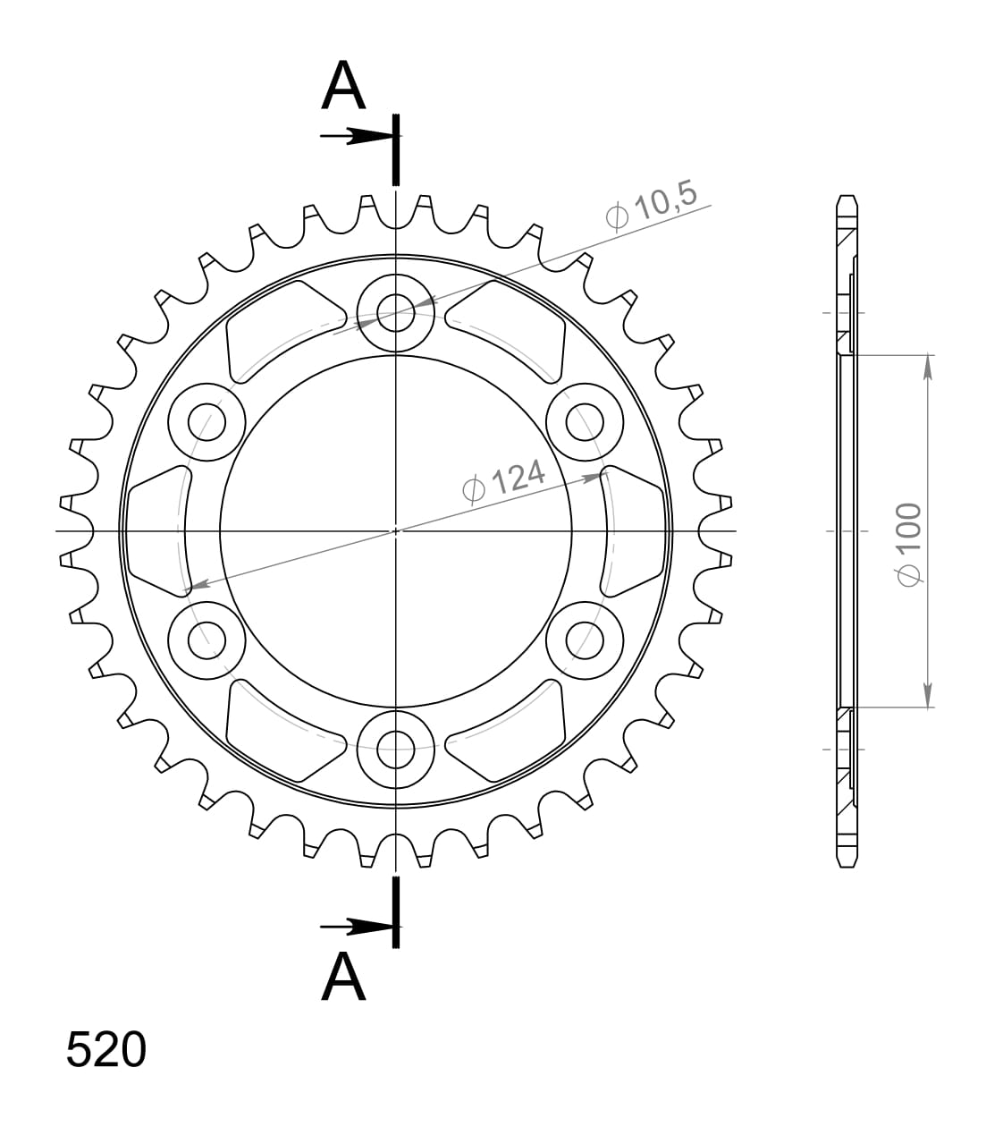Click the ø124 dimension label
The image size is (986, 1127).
pos(504,479)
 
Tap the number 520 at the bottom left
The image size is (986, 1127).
pos(105,1049)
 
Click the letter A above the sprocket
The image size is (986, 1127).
pos(344,88)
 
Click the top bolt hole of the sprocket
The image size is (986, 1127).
pos(395,312)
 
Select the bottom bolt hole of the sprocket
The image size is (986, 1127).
pos(395,750)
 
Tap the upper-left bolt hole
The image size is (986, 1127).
pos(206,420)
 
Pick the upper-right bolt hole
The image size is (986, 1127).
pos(585,420)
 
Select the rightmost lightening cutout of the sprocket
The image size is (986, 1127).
pos(636,530)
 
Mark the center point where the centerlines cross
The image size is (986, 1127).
pos(395,531)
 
